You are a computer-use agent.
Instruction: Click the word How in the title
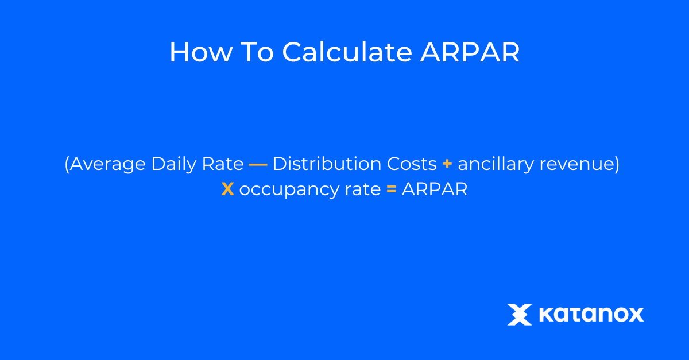202,52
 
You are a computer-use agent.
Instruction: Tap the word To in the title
257,52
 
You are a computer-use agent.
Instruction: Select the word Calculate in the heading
347,52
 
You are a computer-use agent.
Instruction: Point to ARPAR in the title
470,52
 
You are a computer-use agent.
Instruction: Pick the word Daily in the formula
174,164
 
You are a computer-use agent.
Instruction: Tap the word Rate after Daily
223,164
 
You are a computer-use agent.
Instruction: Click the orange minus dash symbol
258,165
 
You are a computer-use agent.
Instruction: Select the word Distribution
327,163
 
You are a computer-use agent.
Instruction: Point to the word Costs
412,164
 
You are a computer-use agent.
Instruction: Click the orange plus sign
447,164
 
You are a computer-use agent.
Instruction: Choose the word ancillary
496,164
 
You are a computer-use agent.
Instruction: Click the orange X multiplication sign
227,189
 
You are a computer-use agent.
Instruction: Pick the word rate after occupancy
363,189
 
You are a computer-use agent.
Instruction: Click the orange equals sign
391,189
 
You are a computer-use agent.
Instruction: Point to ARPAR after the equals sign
435,189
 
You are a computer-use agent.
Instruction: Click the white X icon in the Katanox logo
520,315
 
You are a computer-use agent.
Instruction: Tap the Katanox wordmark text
591,315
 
